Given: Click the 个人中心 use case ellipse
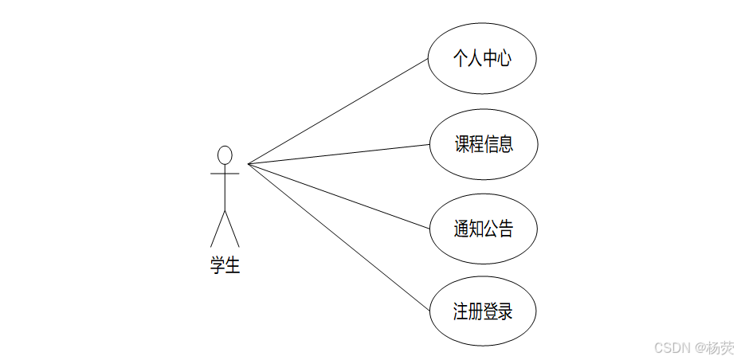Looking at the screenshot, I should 481,58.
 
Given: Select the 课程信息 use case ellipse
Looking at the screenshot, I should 483,144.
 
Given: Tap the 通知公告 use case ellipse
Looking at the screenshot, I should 483,229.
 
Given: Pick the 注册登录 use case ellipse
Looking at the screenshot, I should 483,311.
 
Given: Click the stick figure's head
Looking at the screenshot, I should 225,155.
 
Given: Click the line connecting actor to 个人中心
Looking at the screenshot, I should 338,111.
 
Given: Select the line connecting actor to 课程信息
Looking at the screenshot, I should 338,155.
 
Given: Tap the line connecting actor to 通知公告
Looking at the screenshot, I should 338,196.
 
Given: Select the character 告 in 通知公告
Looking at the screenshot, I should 504,229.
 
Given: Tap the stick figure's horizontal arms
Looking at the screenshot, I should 225,172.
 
